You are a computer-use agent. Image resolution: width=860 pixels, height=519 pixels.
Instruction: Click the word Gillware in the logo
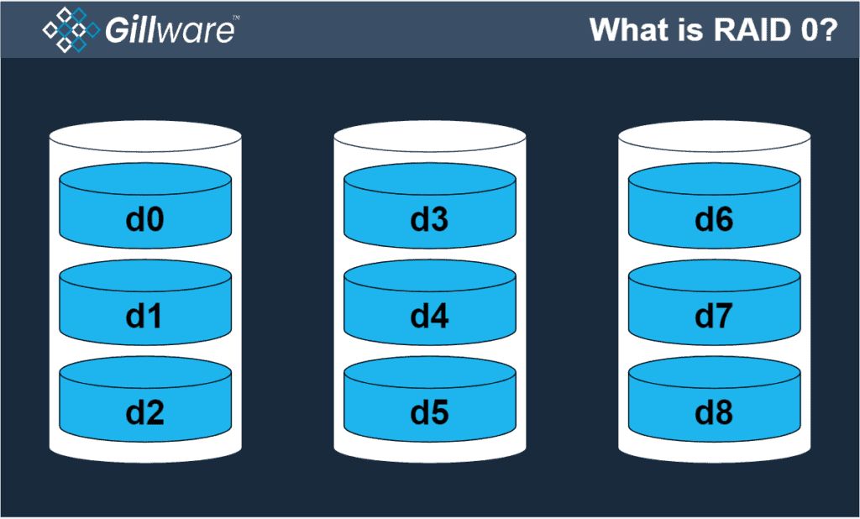pos(170,31)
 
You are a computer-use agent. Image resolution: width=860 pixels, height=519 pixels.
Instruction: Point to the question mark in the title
pos(828,30)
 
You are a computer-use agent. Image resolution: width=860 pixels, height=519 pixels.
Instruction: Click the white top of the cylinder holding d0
pos(145,135)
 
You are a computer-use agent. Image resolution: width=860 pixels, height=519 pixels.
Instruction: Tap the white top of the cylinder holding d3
pos(429,135)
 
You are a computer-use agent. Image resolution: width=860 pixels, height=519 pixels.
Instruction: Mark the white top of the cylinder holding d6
pos(714,135)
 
